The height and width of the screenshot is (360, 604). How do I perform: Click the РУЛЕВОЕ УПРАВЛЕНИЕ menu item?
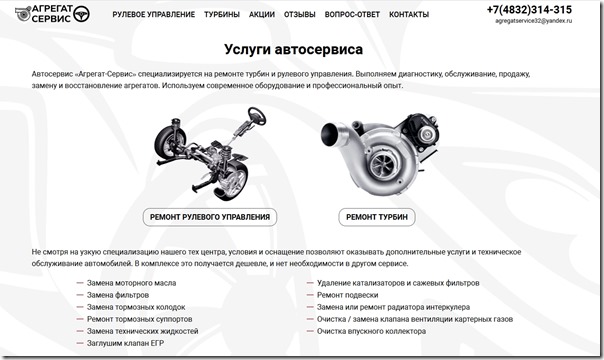(154, 15)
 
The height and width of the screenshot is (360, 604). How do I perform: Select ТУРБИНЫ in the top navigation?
(222, 15)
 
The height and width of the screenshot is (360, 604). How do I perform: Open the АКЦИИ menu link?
(262, 15)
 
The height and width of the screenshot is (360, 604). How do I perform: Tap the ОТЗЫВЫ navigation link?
(300, 15)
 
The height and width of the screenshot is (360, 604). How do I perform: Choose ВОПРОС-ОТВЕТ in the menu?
(352, 15)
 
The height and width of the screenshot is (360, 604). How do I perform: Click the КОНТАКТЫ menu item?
(409, 15)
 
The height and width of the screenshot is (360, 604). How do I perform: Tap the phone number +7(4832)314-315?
(529, 10)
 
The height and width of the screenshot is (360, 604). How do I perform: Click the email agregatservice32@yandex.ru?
(534, 21)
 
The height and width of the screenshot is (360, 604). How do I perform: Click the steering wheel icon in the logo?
(81, 14)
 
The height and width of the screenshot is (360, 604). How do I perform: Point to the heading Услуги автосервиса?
(294, 49)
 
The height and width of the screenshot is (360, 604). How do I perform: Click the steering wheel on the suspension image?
(257, 116)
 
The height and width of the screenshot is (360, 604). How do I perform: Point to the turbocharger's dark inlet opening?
(330, 134)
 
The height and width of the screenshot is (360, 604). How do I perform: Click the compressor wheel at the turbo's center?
(383, 165)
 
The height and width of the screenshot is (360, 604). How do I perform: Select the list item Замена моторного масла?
(131, 283)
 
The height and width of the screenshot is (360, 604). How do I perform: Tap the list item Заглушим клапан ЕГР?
(125, 343)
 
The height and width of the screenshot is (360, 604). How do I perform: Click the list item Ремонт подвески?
(347, 295)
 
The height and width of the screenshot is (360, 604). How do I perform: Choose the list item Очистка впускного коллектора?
(371, 331)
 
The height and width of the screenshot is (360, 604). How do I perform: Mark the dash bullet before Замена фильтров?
(80, 295)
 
